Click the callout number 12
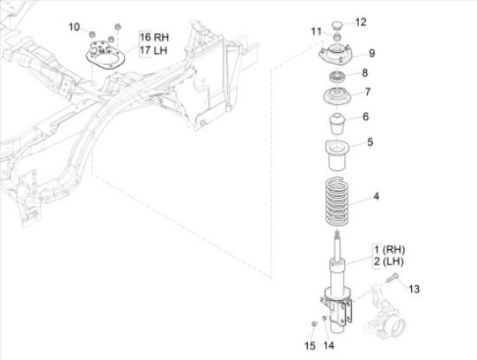pyautogui.click(x=361, y=23)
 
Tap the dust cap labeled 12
pyautogui.click(x=337, y=24)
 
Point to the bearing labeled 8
pyautogui.click(x=337, y=76)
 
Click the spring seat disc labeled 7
pyautogui.click(x=337, y=96)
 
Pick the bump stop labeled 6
pyautogui.click(x=337, y=123)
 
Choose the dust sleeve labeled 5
pyautogui.click(x=337, y=155)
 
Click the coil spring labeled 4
pyautogui.click(x=337, y=201)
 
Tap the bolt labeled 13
pyautogui.click(x=392, y=278)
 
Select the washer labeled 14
pyautogui.click(x=324, y=318)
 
